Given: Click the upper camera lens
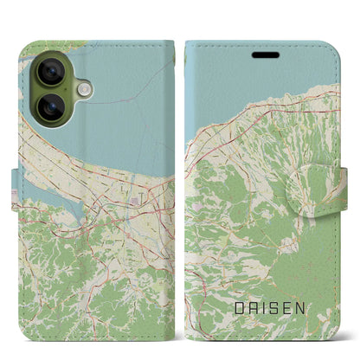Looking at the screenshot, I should pyautogui.click(x=49, y=73).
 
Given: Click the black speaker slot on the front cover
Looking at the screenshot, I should pyautogui.click(x=266, y=54).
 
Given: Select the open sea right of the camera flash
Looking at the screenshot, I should pyautogui.click(x=130, y=95).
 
